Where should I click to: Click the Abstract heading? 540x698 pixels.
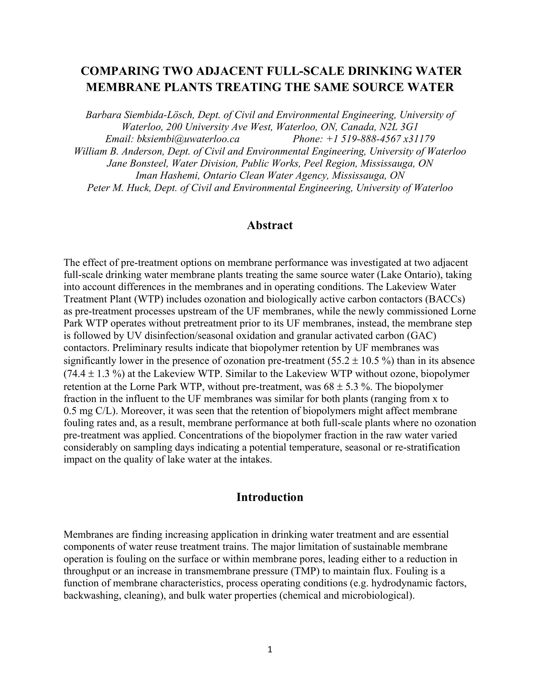pos(270,225)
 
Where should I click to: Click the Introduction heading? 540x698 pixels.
pos(270,497)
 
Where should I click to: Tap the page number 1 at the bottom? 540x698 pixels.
pos(270,649)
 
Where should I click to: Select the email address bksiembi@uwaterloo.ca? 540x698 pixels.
pos(188,139)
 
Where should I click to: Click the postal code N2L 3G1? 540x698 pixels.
pos(399,127)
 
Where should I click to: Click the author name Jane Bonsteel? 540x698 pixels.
pos(137,163)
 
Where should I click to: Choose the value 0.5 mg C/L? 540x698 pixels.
pos(88,411)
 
